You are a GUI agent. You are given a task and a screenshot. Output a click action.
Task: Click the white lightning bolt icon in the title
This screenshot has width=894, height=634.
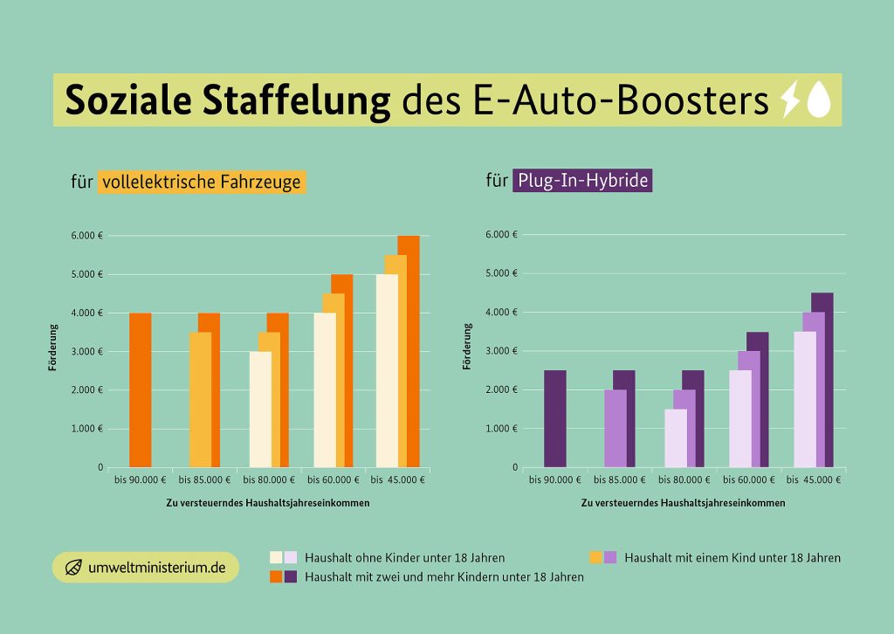[789, 100]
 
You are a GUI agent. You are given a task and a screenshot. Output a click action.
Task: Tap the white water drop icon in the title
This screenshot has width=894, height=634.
[818, 100]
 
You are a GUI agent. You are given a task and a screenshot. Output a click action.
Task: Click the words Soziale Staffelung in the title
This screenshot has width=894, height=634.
[228, 100]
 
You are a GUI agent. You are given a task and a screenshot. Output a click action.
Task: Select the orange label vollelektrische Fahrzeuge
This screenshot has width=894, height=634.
[203, 182]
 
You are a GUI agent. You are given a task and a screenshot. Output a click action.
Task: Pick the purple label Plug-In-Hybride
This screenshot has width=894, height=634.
[581, 181]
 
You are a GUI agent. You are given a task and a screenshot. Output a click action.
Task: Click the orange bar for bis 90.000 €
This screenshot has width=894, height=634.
[140, 389]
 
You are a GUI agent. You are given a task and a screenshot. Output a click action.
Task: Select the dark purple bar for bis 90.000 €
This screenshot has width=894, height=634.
[554, 418]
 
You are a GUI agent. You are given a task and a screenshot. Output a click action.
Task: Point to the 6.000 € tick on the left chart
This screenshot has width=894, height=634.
[88, 236]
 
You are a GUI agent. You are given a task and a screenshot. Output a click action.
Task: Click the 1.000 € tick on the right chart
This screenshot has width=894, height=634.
[502, 429]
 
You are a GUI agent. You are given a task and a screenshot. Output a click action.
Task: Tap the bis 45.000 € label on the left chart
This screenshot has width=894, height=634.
[397, 479]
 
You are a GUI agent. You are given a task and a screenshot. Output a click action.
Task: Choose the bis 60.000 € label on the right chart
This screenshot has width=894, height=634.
[748, 479]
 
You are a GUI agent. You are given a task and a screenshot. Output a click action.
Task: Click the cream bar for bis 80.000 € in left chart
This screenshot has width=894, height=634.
[260, 409]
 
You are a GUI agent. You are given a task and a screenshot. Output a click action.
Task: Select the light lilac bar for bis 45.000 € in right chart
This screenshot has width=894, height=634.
[804, 399]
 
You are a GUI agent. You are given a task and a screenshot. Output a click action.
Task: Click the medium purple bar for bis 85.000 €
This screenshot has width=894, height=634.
[615, 428]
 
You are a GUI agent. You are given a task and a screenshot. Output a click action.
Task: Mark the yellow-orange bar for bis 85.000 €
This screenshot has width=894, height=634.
[200, 399]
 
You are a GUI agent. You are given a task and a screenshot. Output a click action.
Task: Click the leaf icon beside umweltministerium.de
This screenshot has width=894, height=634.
[75, 567]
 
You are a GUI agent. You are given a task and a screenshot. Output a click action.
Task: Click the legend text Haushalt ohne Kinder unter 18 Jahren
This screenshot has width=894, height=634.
[404, 557]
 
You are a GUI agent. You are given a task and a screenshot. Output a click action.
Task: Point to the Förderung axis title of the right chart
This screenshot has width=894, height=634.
[468, 347]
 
